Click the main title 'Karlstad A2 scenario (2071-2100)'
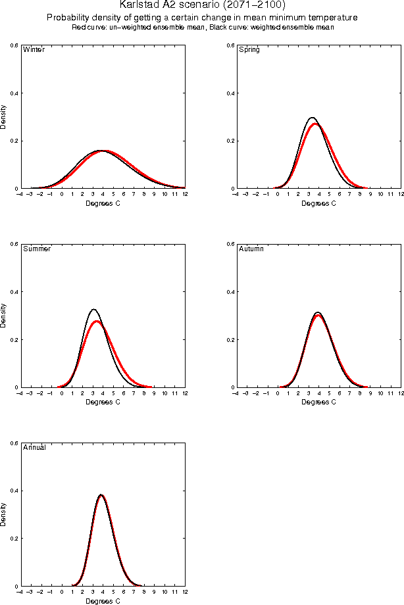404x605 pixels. click(x=202, y=5)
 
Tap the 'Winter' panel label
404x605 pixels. click(x=34, y=50)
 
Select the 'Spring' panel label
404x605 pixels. click(x=249, y=50)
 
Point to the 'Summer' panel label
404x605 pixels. click(x=37, y=249)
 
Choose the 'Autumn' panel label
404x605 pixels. click(x=251, y=249)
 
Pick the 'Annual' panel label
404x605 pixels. click(x=34, y=448)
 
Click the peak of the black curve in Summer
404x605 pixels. click(x=93, y=309)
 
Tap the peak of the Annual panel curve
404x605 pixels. click(x=101, y=495)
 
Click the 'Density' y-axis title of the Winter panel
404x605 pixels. click(x=5, y=116)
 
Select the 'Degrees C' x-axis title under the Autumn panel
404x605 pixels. click(x=318, y=402)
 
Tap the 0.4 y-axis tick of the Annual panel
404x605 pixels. click(x=14, y=491)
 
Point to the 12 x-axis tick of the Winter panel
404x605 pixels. click(x=184, y=195)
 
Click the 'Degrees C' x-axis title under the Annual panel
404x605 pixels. click(x=103, y=600)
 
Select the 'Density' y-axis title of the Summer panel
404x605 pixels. click(x=5, y=315)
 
